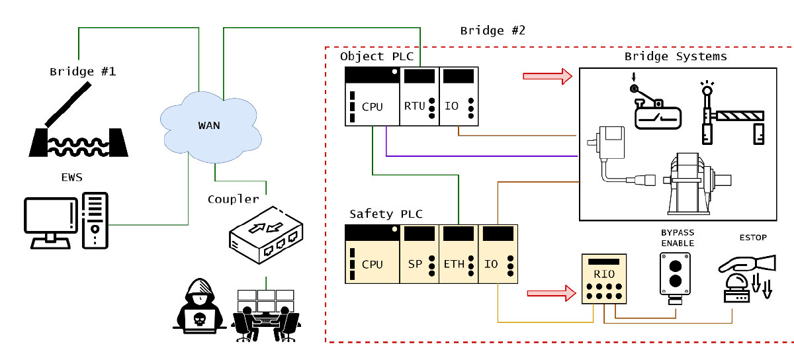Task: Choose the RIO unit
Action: pos(604,279)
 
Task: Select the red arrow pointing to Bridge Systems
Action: pos(547,76)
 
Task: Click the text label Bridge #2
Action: pos(492,30)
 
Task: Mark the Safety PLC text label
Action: pos(385,214)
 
